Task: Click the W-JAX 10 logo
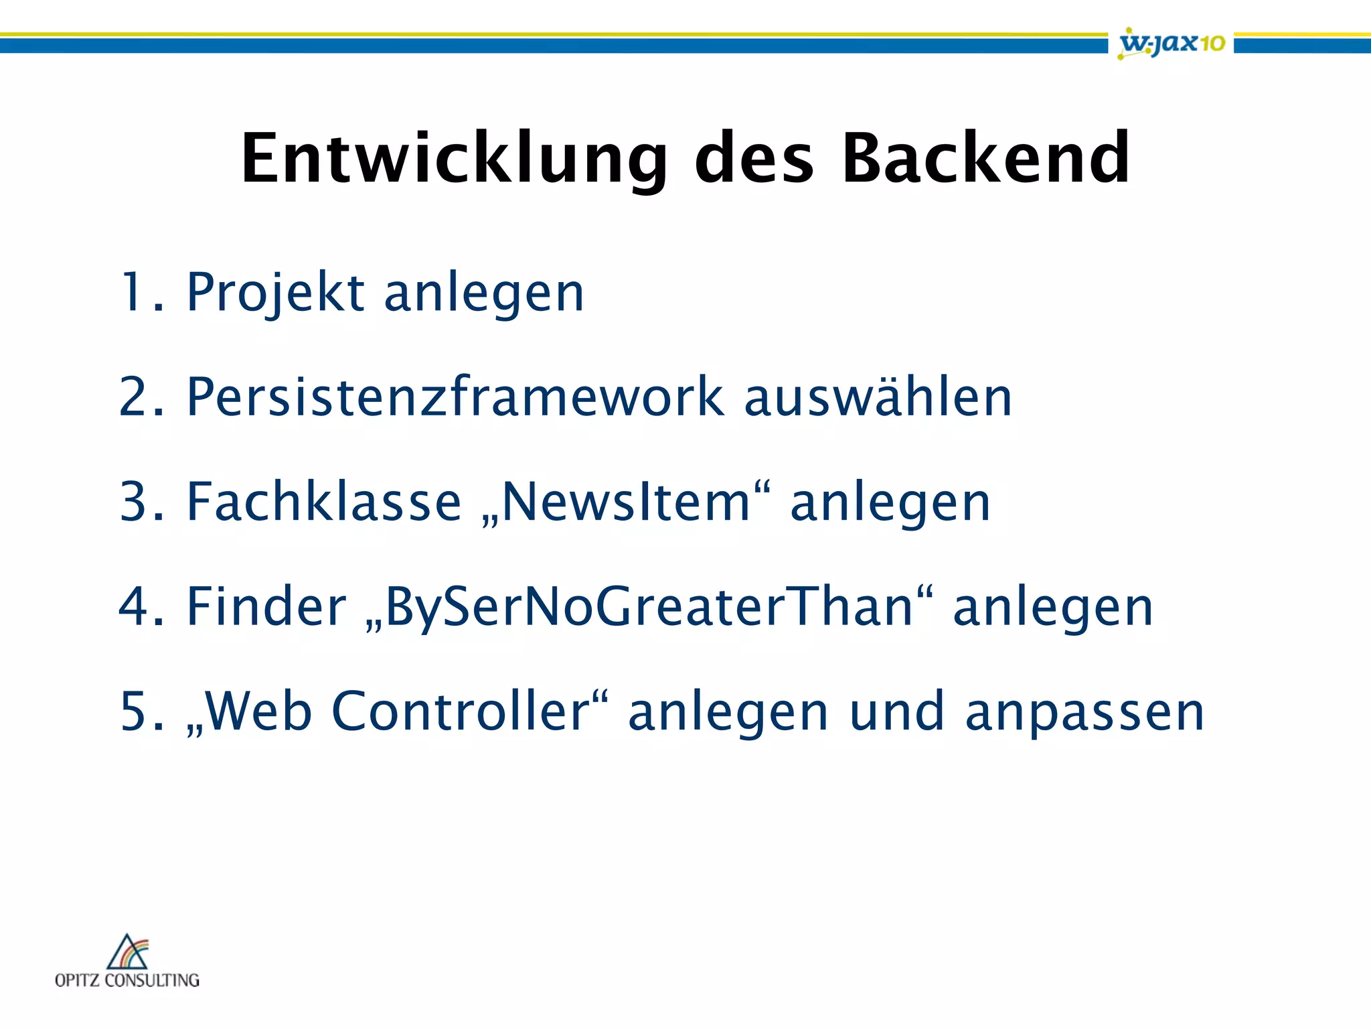click(x=1172, y=43)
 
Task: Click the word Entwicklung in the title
click(x=454, y=159)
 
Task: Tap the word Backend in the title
click(x=985, y=159)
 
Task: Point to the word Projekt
click(x=275, y=293)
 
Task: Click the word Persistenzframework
click(x=455, y=397)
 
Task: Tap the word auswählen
click(x=878, y=397)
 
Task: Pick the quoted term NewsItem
click(x=626, y=502)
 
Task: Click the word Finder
click(x=266, y=606)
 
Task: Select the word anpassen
click(x=1084, y=712)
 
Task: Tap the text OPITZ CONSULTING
click(x=127, y=980)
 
